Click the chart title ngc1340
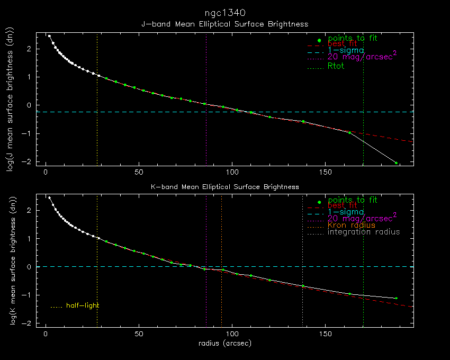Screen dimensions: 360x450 (x=224, y=12)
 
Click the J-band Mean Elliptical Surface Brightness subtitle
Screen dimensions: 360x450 (x=224, y=24)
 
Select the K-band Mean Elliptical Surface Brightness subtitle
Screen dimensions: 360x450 (x=224, y=187)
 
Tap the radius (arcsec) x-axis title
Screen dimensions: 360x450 (x=224, y=343)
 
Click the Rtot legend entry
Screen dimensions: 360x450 (x=336, y=66)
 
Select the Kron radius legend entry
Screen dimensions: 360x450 (x=351, y=225)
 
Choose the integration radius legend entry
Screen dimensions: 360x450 (x=364, y=232)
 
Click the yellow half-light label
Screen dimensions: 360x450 (x=82, y=305)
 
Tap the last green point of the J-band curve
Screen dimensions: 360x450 (x=396, y=163)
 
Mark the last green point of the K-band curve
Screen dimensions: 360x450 (x=396, y=298)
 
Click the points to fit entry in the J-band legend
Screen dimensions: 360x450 (x=352, y=39)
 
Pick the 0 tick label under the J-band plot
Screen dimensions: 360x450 (x=46, y=173)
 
